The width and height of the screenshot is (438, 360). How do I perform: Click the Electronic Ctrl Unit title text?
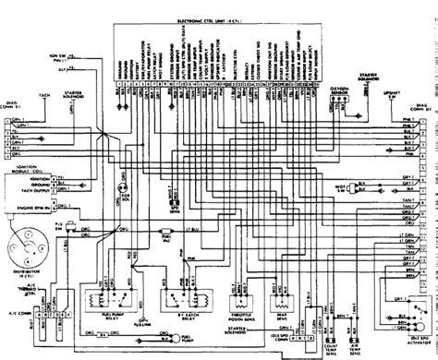click(x=219, y=18)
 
